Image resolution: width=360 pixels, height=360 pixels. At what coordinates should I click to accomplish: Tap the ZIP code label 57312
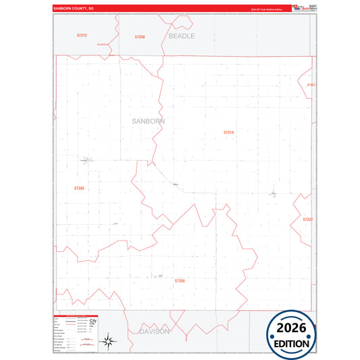click(x=82, y=35)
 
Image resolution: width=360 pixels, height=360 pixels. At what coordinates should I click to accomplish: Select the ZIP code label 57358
click(x=140, y=36)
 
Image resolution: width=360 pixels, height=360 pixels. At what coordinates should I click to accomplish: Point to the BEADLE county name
click(x=181, y=36)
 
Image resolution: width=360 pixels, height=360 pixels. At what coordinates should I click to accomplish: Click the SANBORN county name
click(x=148, y=121)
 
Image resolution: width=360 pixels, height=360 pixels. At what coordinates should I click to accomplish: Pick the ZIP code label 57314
click(x=228, y=132)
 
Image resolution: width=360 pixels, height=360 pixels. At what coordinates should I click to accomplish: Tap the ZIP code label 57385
click(x=79, y=188)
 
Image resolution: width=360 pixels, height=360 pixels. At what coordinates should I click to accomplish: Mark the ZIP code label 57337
click(x=307, y=220)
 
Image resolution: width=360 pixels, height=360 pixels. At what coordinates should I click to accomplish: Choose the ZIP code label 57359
click(x=180, y=280)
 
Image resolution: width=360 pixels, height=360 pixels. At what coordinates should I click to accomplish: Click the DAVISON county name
click(x=155, y=332)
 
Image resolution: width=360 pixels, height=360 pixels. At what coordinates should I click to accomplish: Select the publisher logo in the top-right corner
click(x=299, y=7)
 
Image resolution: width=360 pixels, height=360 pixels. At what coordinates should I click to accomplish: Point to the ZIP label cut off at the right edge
click(x=311, y=85)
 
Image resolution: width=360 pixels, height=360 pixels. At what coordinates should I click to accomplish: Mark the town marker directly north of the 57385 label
click(x=86, y=160)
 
